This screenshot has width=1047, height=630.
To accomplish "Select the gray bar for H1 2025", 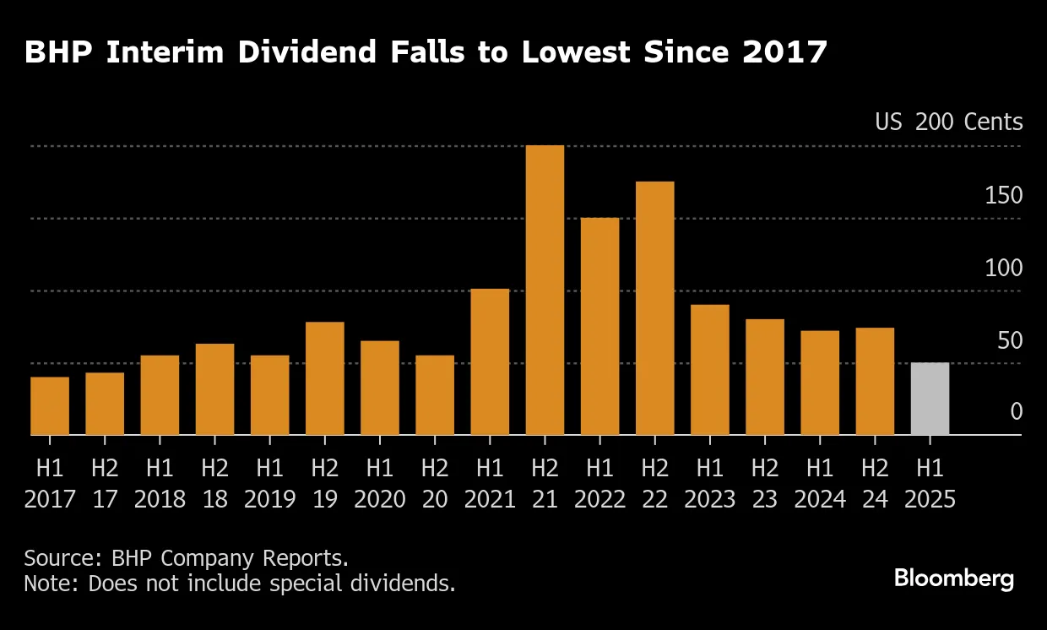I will (x=930, y=399).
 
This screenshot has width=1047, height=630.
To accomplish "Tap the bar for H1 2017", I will (x=50, y=405).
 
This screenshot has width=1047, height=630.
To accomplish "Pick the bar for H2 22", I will (x=654, y=308).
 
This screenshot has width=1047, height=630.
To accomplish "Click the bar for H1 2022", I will (x=599, y=326).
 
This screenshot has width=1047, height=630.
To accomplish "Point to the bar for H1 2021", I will (x=490, y=361).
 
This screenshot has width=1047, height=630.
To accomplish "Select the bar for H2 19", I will (x=325, y=378).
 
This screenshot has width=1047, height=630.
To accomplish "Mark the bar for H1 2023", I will (x=709, y=370).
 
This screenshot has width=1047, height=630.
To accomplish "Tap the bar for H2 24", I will (x=875, y=381).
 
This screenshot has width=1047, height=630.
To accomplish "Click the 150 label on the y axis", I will (x=1003, y=196).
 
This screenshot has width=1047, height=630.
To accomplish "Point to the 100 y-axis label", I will (x=1003, y=269).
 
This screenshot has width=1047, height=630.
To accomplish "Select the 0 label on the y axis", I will (x=1016, y=412).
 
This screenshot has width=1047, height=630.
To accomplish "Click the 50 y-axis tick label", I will (x=1009, y=341).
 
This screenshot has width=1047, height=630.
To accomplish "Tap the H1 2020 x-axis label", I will (x=380, y=482).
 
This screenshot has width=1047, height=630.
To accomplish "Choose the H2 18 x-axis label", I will (x=214, y=482).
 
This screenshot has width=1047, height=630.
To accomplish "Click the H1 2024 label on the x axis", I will (x=820, y=482).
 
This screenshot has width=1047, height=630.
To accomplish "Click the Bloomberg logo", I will (x=953, y=578).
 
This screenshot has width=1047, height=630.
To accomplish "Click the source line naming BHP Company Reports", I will (x=186, y=558).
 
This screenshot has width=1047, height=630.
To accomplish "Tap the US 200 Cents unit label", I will (x=948, y=122).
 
